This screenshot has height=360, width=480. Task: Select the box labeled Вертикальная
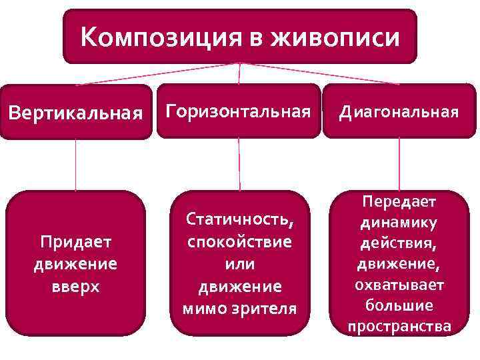pyautogui.click(x=75, y=112)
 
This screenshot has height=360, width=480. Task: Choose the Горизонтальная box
pyautogui.click(x=239, y=111)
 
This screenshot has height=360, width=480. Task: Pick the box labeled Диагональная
pyautogui.click(x=399, y=111)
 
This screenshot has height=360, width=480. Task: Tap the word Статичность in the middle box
pyautogui.click(x=239, y=219)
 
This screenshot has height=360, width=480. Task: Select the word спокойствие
pyautogui.click(x=239, y=241)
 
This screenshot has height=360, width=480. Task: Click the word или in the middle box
pyautogui.click(x=239, y=264)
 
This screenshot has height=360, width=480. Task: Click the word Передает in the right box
pyautogui.click(x=399, y=201)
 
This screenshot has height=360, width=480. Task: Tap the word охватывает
pyautogui.click(x=399, y=285)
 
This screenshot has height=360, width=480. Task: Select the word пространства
pyautogui.click(x=399, y=326)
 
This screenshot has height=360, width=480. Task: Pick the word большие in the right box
pyautogui.click(x=399, y=305)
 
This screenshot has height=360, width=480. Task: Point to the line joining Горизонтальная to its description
pyautogui.click(x=239, y=164)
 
